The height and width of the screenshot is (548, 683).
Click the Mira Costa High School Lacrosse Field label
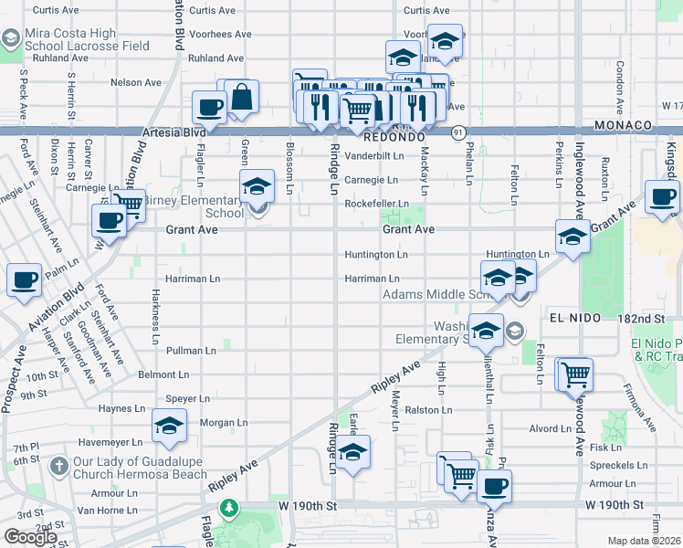(x=87, y=39)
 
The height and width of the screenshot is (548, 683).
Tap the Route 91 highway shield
(x=455, y=132)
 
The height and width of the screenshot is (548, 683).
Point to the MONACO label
(x=622, y=124)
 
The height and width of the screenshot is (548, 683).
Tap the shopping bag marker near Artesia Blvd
(x=243, y=97)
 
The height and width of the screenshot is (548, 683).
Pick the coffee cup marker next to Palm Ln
(x=25, y=280)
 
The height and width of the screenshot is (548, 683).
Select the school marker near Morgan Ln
(x=170, y=426)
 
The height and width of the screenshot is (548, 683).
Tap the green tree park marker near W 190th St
(x=231, y=506)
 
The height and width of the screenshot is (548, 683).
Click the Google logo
(x=30, y=537)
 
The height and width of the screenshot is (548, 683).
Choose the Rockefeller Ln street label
(x=376, y=204)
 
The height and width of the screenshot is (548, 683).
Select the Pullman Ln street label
(x=191, y=350)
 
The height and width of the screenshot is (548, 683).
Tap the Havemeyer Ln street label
(x=110, y=441)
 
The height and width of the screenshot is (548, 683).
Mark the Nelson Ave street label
(x=135, y=82)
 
